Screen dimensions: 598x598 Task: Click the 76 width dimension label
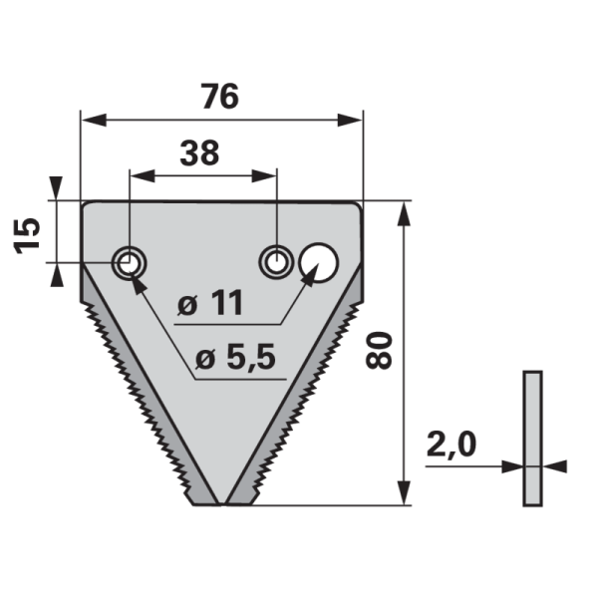coord(220,98)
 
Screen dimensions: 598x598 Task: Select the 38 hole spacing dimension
coord(199,152)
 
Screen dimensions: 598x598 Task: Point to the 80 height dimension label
coord(380,350)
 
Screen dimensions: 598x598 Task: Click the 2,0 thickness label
coord(451,443)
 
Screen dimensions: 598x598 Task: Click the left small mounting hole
coord(129,263)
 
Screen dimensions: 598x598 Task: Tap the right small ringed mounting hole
coord(275,263)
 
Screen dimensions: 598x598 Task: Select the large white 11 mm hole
coord(319,262)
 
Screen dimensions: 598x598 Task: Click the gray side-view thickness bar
coord(532,439)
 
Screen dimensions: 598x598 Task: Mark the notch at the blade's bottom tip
coord(220,495)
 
